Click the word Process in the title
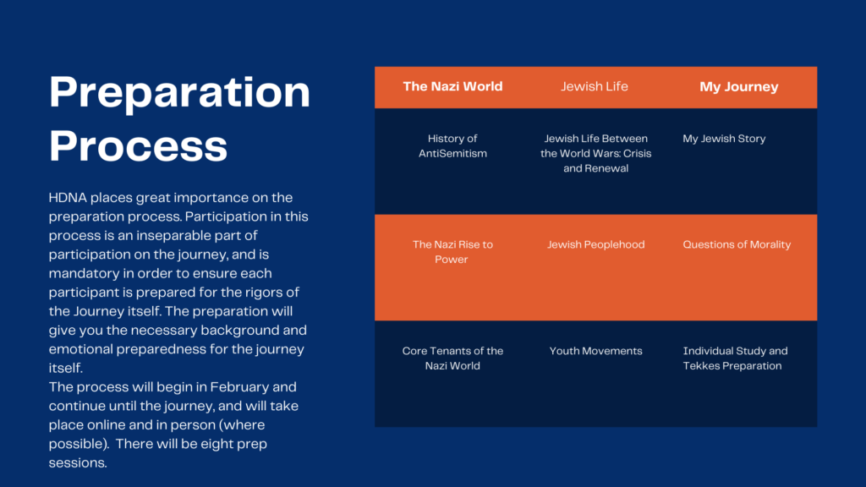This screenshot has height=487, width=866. click(x=138, y=145)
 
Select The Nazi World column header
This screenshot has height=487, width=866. click(x=453, y=86)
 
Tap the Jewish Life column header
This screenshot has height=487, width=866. click(x=595, y=86)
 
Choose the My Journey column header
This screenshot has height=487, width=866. click(x=739, y=87)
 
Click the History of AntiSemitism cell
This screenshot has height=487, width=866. click(x=453, y=145)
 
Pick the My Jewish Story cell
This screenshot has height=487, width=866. click(x=724, y=139)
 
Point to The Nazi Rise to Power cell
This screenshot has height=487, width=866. click(x=453, y=252)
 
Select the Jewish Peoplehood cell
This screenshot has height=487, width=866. click(x=596, y=244)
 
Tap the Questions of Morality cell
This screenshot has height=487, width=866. click(x=737, y=244)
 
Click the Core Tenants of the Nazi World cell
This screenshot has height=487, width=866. click(x=453, y=358)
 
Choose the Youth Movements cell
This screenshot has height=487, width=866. click(x=596, y=351)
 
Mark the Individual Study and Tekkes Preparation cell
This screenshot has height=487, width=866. click(x=735, y=358)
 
